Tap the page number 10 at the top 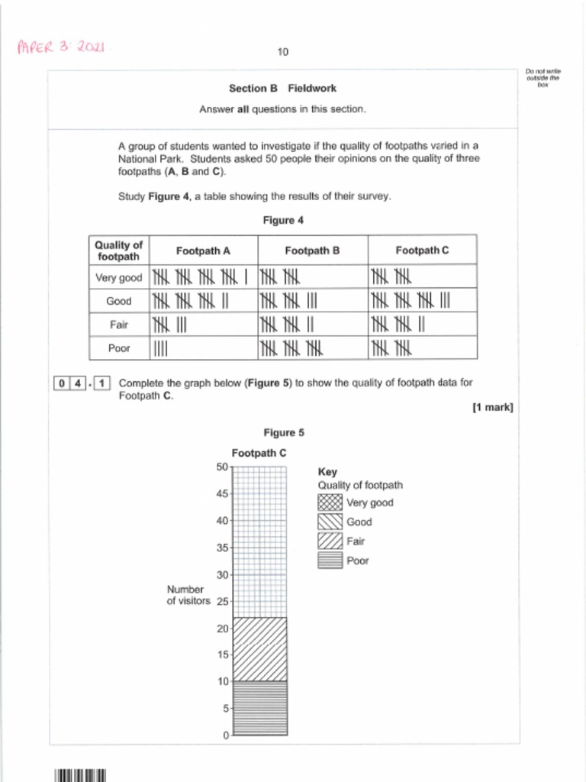pos(283,52)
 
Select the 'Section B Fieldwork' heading pos(282,88)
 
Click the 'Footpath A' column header pos(203,250)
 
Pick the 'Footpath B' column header pos(312,250)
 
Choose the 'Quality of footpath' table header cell pos(118,250)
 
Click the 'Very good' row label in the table pos(118,277)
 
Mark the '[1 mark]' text pos(492,408)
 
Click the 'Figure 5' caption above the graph pos(283,433)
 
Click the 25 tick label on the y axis pos(222,602)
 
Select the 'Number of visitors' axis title pos(188,596)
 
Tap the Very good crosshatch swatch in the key pos(330,502)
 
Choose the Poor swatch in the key pos(330,561)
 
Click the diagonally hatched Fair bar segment pos(259,648)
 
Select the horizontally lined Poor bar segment pos(259,707)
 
